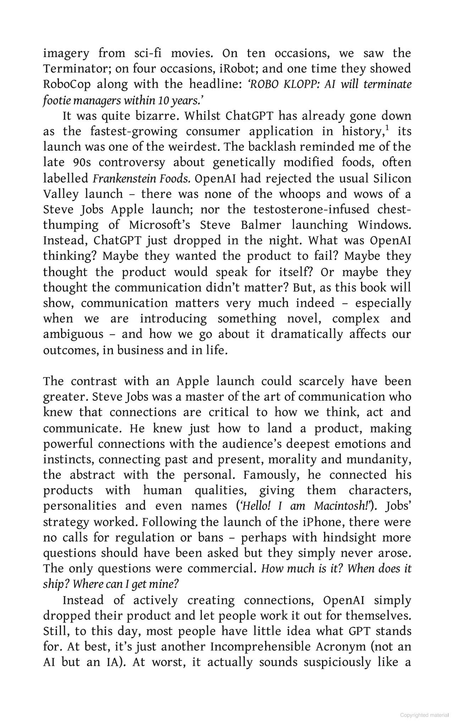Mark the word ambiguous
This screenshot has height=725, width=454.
(73, 334)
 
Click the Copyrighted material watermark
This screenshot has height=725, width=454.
(424, 715)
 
